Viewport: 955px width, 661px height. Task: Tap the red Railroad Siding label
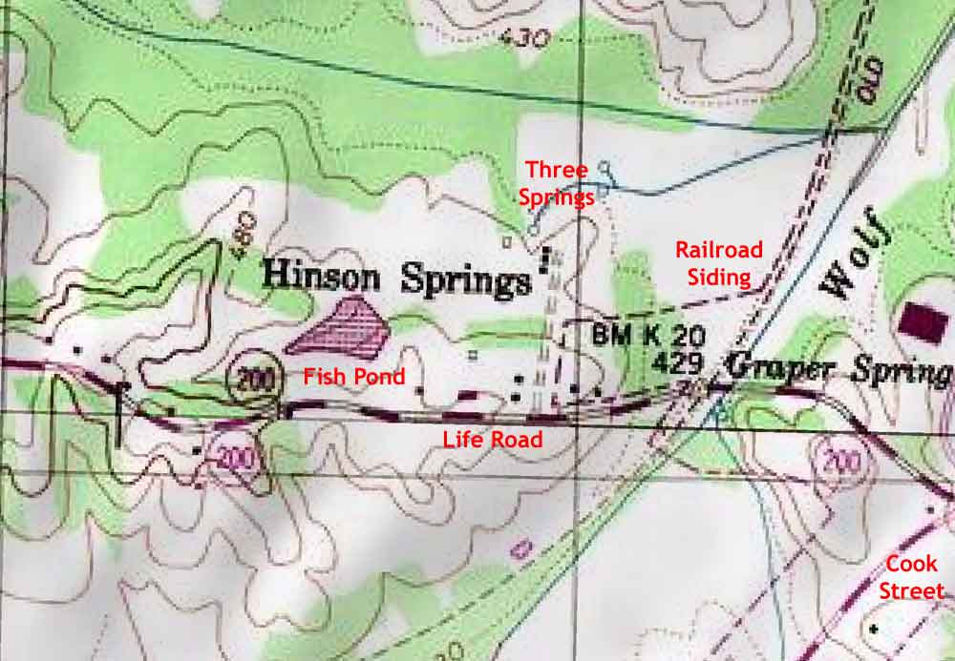click(719, 262)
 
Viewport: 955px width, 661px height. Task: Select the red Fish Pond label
click(354, 377)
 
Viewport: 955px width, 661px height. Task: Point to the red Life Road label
click(493, 440)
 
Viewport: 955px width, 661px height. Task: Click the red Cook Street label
click(911, 577)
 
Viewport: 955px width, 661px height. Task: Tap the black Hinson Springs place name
click(395, 278)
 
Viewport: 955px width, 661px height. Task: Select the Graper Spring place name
click(838, 368)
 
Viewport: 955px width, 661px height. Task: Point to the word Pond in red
click(381, 377)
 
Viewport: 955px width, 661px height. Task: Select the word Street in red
click(911, 591)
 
